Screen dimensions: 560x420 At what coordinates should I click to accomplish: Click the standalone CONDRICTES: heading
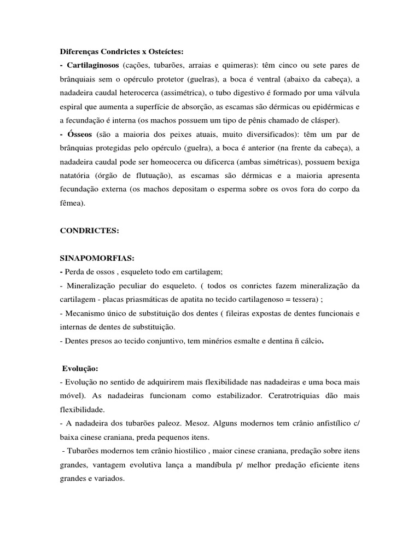(x=89, y=231)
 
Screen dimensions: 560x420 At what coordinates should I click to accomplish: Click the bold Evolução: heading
(x=80, y=369)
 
